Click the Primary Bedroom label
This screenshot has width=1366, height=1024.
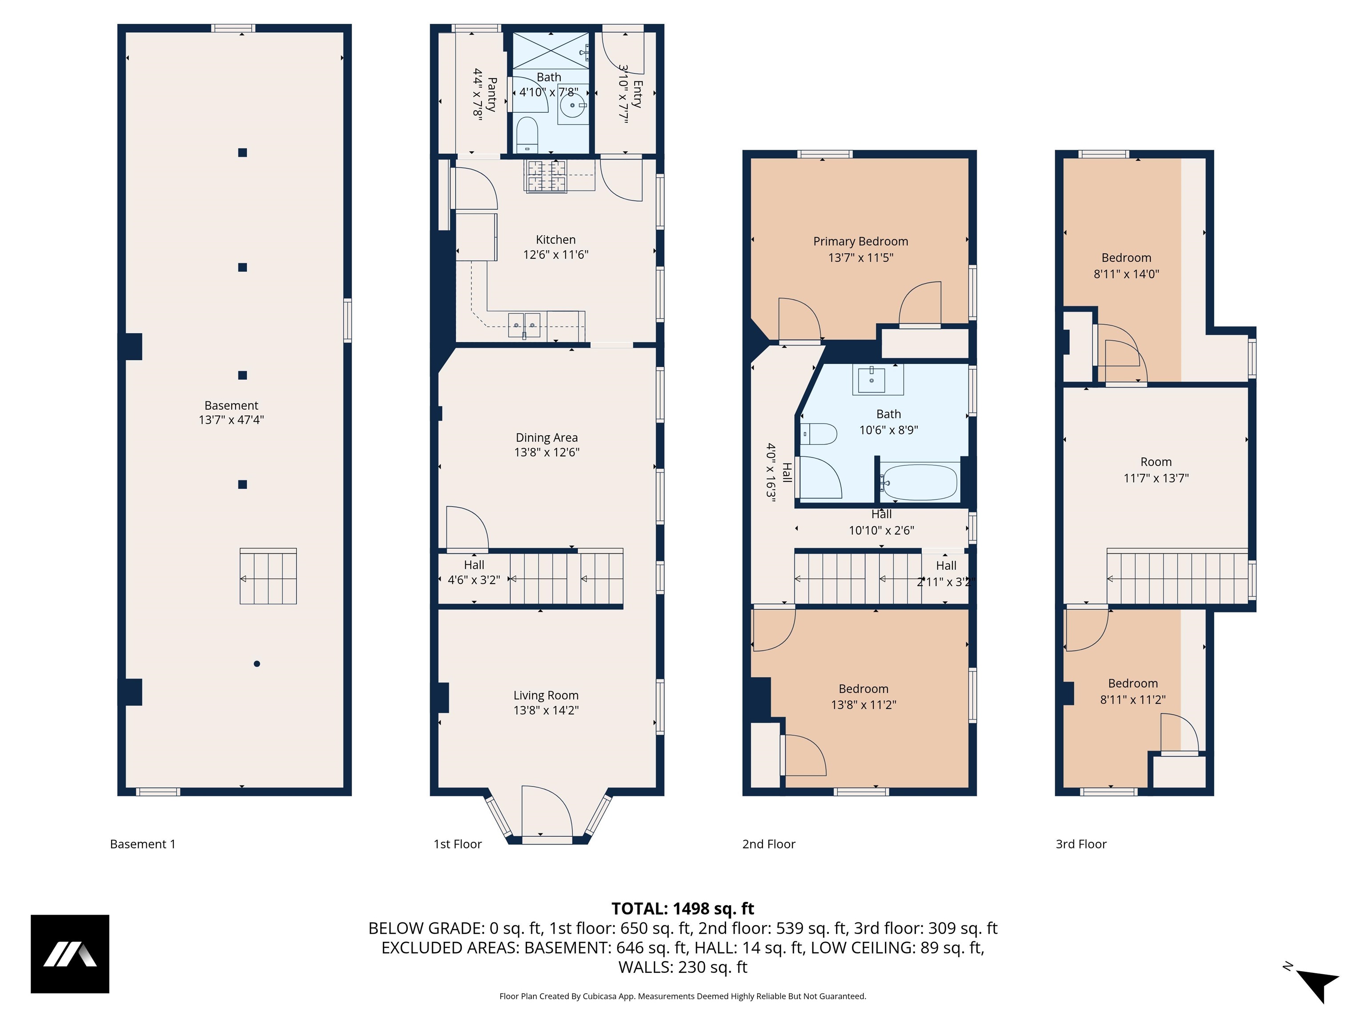(860, 241)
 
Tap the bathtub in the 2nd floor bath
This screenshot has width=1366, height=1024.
(920, 483)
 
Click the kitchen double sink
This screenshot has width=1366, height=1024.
(524, 325)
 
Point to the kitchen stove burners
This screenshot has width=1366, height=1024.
(546, 176)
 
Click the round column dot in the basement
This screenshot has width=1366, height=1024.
(257, 664)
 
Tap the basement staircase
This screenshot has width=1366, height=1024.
(268, 576)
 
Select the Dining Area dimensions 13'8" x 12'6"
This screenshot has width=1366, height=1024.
(546, 452)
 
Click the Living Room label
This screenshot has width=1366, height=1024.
(546, 695)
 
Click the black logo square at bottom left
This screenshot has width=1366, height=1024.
(70, 954)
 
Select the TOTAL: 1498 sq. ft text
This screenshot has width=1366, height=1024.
(683, 908)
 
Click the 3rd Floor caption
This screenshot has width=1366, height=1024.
(1081, 844)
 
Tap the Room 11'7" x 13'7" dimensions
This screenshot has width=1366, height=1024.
(1155, 478)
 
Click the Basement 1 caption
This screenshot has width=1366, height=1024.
(143, 844)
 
